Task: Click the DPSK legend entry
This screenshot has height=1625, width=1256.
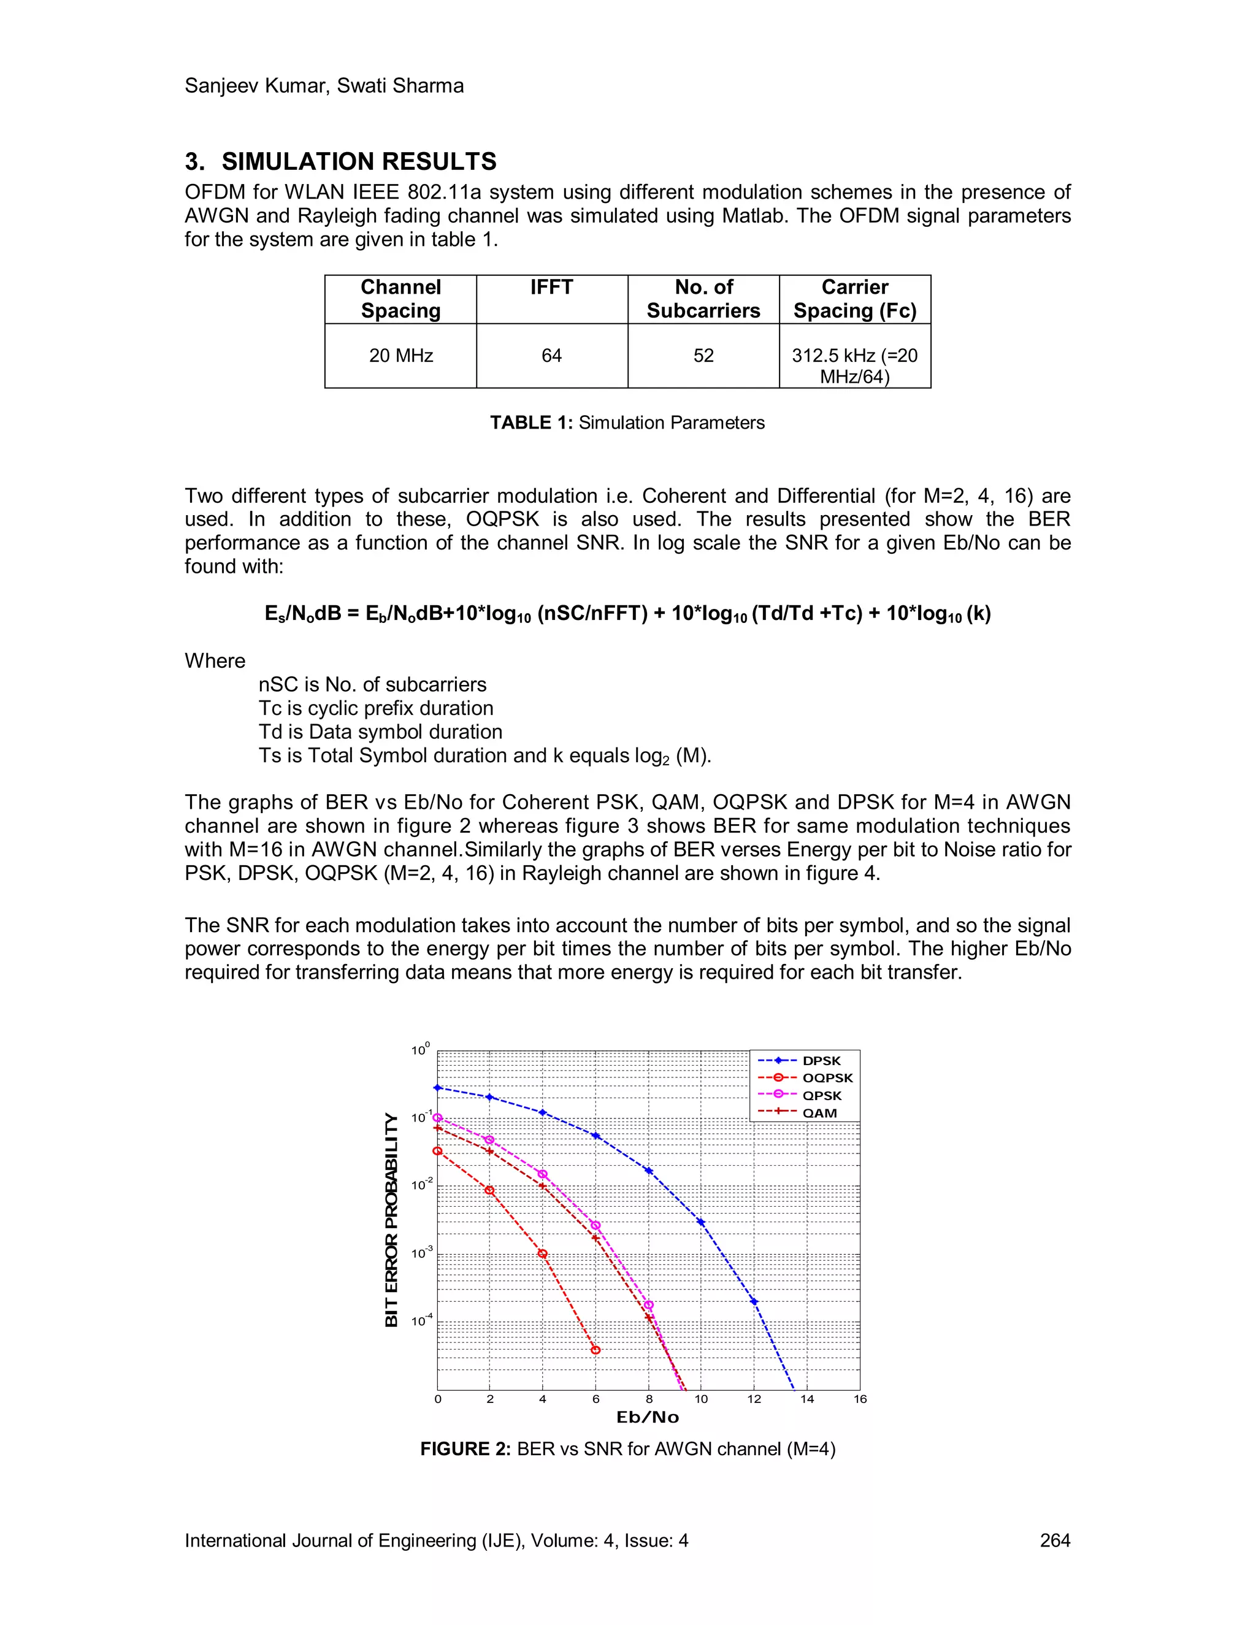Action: [x=821, y=1061]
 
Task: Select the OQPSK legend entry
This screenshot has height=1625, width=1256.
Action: [x=827, y=1078]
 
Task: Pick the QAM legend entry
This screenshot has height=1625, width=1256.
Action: [x=819, y=1113]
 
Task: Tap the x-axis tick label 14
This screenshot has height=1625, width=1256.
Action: [x=806, y=1399]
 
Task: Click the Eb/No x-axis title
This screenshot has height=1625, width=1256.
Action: [x=648, y=1417]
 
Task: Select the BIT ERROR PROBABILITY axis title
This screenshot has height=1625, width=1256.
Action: [x=391, y=1220]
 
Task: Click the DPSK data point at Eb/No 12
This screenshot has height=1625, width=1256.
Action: [x=754, y=1302]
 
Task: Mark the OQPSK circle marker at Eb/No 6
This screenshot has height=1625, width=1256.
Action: [x=595, y=1350]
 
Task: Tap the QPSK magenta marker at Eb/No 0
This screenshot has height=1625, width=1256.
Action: [x=437, y=1117]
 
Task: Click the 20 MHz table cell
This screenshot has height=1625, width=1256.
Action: [x=401, y=356]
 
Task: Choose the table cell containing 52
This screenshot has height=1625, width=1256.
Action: [x=703, y=356]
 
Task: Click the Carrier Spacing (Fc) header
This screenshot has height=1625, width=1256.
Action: [x=854, y=299]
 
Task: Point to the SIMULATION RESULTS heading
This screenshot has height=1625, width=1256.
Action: [x=359, y=161]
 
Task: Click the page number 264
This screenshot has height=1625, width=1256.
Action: [x=1054, y=1541]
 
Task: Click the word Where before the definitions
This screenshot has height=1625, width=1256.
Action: [x=215, y=660]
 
